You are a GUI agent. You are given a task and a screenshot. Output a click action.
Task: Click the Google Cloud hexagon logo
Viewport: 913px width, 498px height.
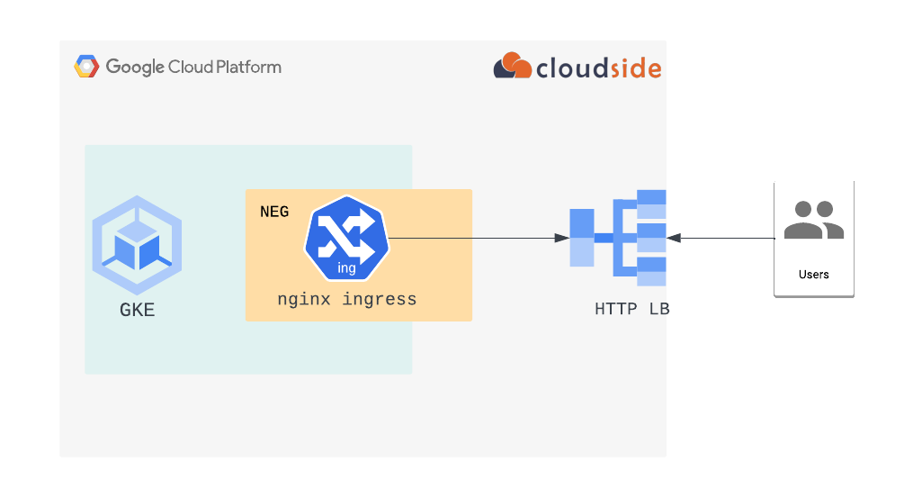point(86,67)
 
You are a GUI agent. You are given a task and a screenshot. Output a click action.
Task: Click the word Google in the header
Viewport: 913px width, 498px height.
point(135,67)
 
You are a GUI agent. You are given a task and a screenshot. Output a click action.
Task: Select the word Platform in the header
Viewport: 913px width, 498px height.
point(249,67)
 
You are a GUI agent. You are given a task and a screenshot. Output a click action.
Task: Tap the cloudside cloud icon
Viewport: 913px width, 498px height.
point(512,67)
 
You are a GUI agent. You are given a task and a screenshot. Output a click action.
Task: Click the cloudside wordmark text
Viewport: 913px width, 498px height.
point(598,68)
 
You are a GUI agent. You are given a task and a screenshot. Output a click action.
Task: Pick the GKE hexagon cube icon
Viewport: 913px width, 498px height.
point(137,244)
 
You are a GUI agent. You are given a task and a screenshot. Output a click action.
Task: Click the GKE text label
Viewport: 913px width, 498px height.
point(137,310)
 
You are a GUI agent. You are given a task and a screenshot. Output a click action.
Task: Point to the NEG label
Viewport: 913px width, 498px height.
point(274,212)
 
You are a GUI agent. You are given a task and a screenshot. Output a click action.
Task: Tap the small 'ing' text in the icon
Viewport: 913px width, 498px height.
point(346,268)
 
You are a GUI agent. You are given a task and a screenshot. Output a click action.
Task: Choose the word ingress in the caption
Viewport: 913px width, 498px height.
point(380,299)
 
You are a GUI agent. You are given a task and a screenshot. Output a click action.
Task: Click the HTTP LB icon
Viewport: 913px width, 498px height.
point(618,238)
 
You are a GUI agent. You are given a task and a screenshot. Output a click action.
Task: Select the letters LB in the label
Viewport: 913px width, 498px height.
point(659,309)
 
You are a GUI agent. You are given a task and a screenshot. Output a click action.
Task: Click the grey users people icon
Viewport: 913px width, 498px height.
point(813,220)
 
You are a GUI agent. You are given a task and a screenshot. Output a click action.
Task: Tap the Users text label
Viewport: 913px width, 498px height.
point(813,274)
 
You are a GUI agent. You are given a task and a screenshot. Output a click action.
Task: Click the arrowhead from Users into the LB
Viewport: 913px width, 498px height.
point(674,238)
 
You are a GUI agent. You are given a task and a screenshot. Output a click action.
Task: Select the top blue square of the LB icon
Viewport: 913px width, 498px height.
point(651,197)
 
